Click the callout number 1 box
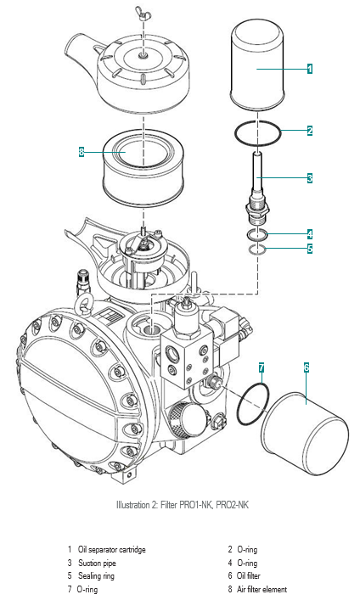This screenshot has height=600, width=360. (309, 69)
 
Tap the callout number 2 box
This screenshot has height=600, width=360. (309, 131)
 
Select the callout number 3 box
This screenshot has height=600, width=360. (309, 178)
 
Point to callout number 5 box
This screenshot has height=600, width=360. (309, 249)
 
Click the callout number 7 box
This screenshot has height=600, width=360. (262, 367)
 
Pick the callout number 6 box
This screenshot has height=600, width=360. (307, 367)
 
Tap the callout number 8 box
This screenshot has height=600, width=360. (82, 152)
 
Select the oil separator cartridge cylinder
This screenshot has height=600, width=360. (257, 65)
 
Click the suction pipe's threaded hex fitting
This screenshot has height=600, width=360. (257, 210)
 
